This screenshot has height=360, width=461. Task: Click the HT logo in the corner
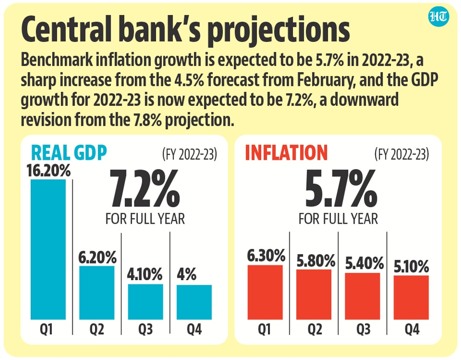tap(439, 18)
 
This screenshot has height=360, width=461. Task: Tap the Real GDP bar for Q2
tap(97, 292)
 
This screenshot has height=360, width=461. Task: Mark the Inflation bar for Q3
tap(362, 296)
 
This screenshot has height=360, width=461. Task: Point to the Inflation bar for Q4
tap(411, 297)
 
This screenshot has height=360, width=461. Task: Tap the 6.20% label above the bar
tap(97, 256)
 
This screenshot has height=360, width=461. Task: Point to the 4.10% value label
tap(145, 275)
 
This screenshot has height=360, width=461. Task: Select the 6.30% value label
tap(265, 255)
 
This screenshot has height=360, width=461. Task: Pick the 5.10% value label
tap(411, 266)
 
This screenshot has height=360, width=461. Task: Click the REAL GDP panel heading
tap(68, 152)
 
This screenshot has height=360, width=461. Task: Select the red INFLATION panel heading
tap(286, 152)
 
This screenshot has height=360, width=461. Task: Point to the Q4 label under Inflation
tap(411, 331)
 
